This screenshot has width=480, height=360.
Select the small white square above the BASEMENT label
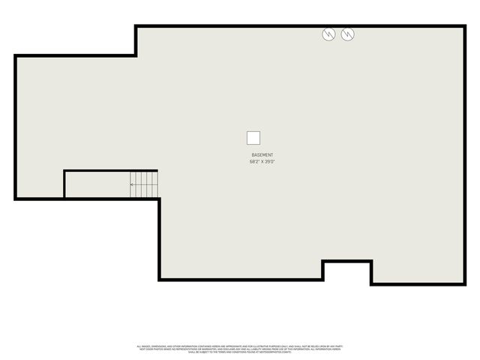pos(253,138)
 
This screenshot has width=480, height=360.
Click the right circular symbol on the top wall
pos(347,34)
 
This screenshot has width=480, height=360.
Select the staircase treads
pos(145,184)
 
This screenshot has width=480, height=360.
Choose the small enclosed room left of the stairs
pos(97,184)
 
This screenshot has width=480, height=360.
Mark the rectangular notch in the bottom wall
pos(347,271)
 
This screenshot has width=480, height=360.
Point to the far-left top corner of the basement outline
pos(15,55)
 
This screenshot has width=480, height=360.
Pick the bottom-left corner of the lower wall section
pos(160,280)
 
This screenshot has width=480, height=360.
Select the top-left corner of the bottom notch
pos(323,261)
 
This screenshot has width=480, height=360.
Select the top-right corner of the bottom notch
pos(371,261)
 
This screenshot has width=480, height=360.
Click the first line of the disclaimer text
pos(239,346)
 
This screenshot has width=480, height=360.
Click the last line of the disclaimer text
pos(239,352)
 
